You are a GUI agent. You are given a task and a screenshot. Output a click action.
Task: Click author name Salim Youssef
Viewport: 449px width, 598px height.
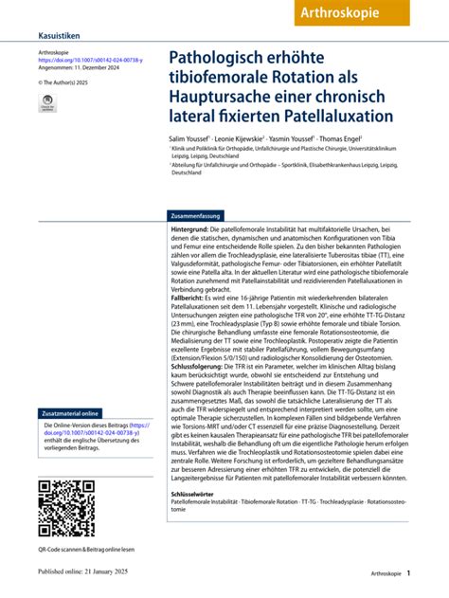coord(188,138)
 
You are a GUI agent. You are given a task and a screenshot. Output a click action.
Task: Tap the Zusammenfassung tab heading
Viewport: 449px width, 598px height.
coord(196,216)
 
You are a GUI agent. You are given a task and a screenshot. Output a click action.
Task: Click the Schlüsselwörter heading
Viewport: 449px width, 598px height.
coord(197,495)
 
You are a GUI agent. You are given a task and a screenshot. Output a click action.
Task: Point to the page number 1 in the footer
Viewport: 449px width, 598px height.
coord(408,573)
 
